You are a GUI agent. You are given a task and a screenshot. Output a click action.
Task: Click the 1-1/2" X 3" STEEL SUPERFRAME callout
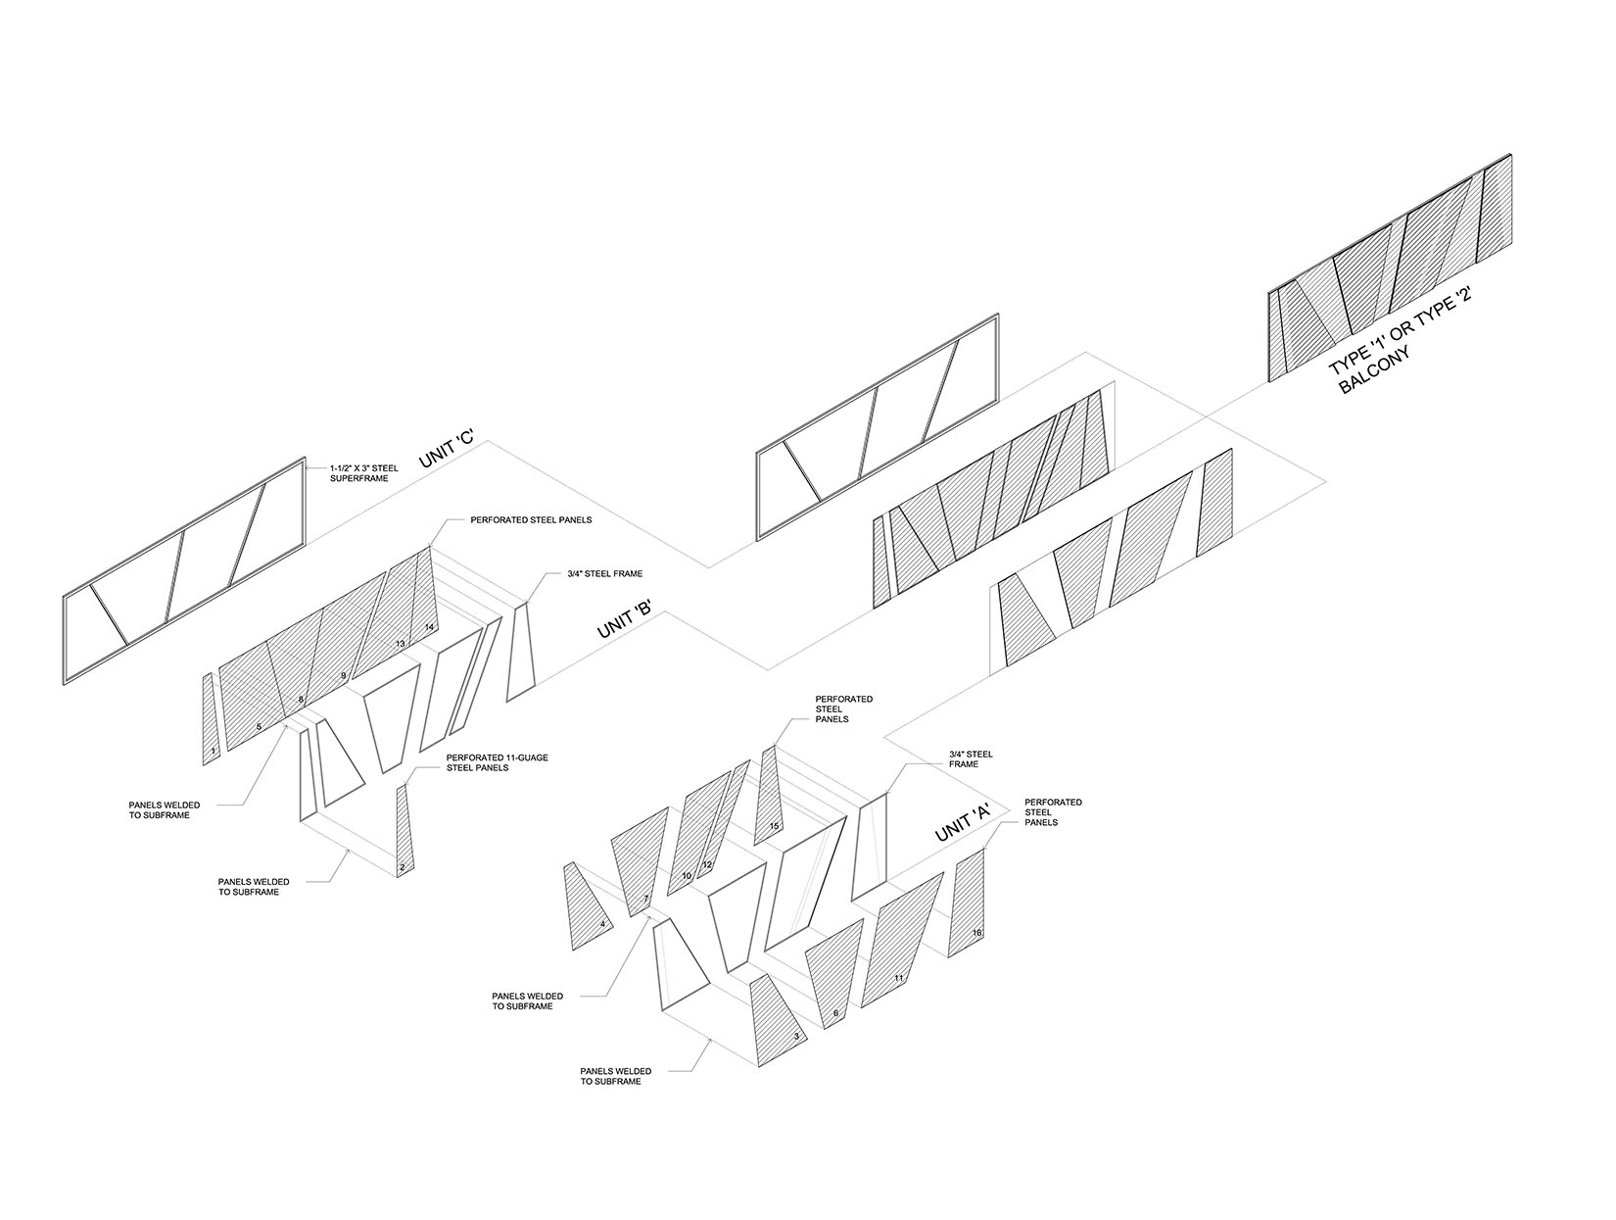(x=363, y=473)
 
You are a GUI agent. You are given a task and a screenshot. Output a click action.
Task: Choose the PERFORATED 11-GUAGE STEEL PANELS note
(x=497, y=762)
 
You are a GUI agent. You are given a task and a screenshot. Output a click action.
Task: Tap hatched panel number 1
(x=211, y=719)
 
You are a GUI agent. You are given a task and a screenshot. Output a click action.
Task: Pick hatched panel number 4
(x=587, y=907)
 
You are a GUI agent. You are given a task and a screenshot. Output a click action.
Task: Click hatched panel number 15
(x=768, y=796)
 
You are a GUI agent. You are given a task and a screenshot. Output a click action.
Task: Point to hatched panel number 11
(x=901, y=940)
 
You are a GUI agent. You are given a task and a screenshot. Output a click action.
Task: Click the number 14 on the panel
(x=430, y=626)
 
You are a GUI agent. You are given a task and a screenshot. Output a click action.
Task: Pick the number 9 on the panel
(x=343, y=674)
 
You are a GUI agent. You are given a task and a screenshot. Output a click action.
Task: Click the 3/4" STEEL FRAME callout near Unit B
(x=604, y=573)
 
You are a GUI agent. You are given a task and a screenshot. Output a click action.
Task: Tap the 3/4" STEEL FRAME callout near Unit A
(x=971, y=759)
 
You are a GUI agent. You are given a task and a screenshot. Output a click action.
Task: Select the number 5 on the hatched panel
(x=259, y=727)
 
